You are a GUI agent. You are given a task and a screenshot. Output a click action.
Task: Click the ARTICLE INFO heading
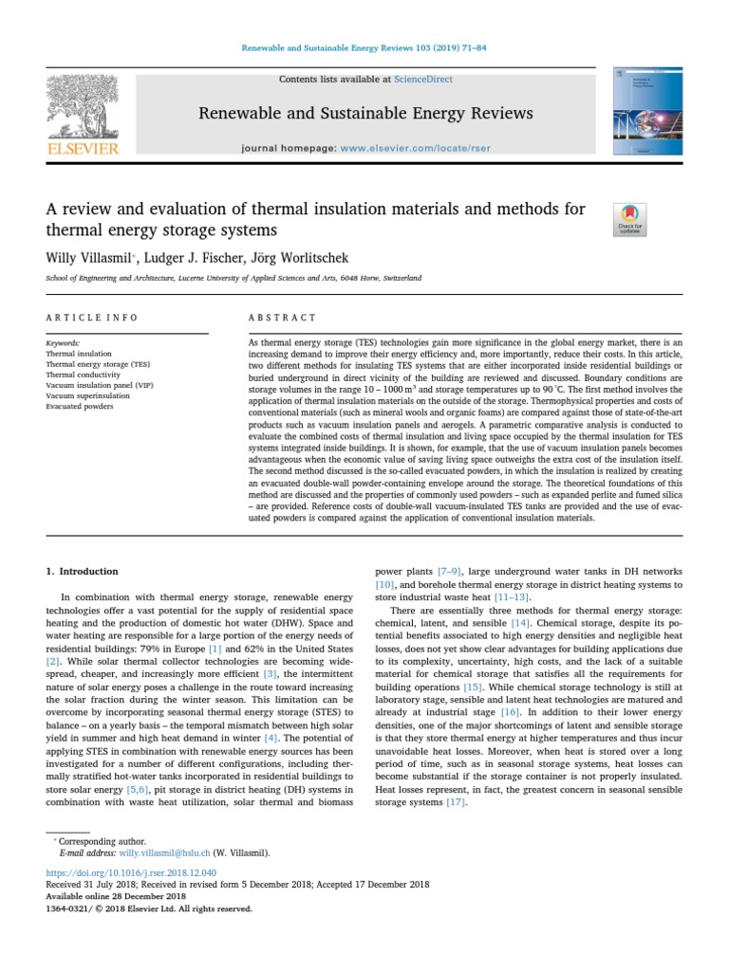(92, 318)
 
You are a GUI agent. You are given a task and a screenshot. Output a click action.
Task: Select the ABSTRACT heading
(282, 318)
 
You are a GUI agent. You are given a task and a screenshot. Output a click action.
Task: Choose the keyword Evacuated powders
(80, 406)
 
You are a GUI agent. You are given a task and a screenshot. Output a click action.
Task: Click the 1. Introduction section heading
(83, 572)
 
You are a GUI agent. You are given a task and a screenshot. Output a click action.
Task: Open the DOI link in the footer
(131, 871)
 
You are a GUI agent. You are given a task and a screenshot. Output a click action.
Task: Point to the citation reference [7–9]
(450, 572)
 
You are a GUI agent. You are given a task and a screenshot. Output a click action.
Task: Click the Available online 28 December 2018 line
(116, 896)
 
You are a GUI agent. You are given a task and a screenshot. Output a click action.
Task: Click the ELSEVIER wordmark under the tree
(83, 148)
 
